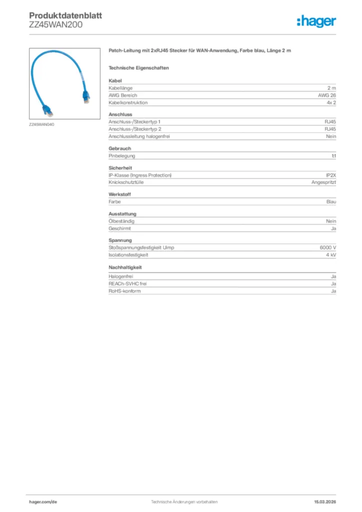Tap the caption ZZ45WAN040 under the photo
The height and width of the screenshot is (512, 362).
click(x=41, y=124)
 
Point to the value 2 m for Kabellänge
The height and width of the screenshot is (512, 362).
click(x=331, y=87)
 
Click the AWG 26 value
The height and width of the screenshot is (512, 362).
click(x=326, y=95)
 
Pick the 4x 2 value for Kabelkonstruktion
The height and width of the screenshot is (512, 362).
click(x=330, y=102)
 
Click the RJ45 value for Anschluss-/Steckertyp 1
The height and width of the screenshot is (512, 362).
click(x=330, y=121)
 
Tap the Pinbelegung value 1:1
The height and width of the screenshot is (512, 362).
click(x=333, y=155)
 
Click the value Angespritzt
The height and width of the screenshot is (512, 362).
click(x=323, y=182)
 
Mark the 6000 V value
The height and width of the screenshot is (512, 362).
click(x=327, y=247)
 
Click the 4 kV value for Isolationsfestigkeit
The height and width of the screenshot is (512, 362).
click(x=330, y=255)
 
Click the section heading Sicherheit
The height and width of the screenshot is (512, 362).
click(x=120, y=168)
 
